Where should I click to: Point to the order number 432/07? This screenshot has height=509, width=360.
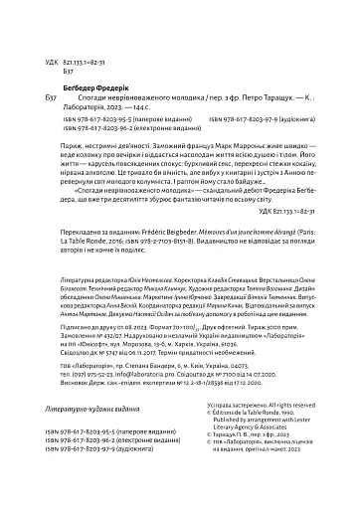click(x=104, y=363)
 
